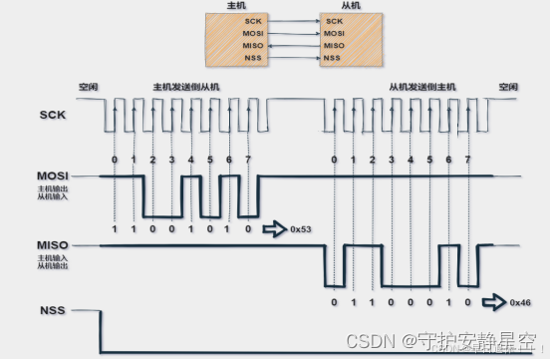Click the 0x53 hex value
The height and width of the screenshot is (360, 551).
click(x=300, y=228)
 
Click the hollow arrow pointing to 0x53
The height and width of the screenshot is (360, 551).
click(x=275, y=228)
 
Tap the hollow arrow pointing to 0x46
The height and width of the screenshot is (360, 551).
click(x=494, y=300)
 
